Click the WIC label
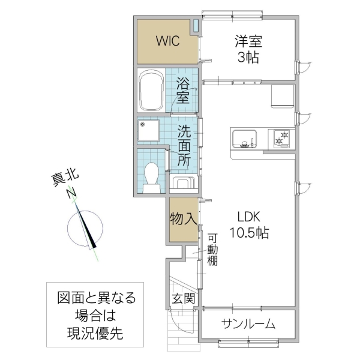click(167, 41)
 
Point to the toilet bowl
click(152, 175)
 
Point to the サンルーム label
click(248, 325)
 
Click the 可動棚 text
click(212, 248)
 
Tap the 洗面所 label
click(184, 145)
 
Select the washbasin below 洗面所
click(182, 182)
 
